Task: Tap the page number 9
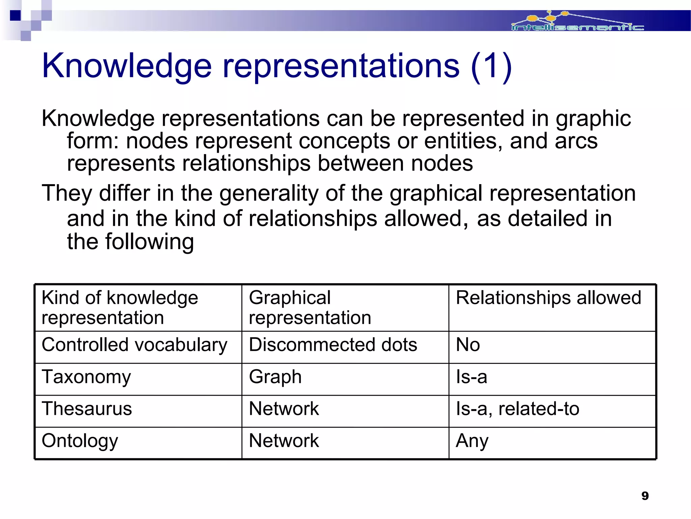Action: (x=645, y=496)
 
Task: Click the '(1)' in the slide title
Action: (x=491, y=66)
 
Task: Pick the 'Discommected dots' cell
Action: (x=333, y=345)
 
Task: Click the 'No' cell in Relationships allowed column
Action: (x=468, y=345)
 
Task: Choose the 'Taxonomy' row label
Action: (x=86, y=377)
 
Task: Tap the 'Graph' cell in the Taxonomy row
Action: (x=275, y=377)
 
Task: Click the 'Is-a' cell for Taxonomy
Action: (x=471, y=377)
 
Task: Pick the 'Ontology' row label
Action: (x=80, y=441)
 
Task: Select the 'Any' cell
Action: (x=472, y=441)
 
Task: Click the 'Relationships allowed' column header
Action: (x=548, y=298)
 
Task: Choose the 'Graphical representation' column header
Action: (x=310, y=307)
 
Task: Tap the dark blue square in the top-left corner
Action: (x=16, y=16)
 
